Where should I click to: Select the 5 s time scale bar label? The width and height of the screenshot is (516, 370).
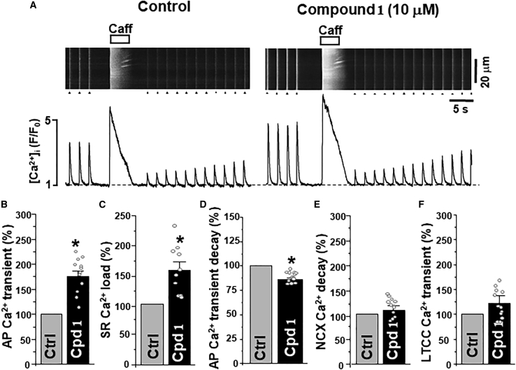(x=459, y=111)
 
